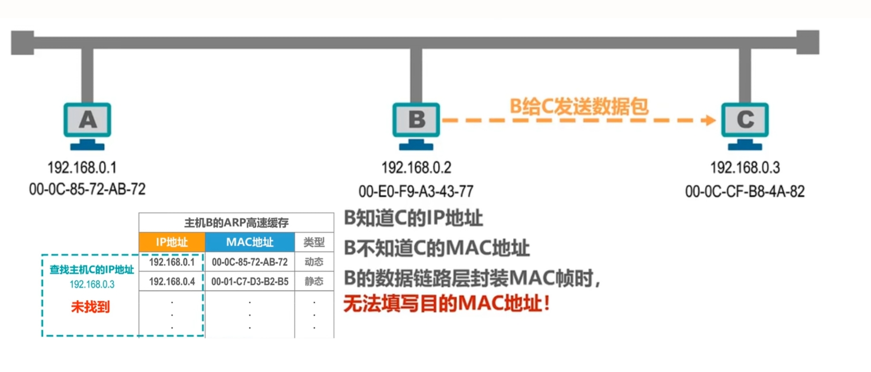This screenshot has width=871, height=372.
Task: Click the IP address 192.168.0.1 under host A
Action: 82,167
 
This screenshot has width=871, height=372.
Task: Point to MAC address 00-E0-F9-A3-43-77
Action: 416,191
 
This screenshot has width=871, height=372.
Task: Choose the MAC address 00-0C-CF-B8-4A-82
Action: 745,191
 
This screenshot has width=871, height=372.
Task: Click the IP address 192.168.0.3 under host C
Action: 745,167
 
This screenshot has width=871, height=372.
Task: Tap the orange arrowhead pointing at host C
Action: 709,120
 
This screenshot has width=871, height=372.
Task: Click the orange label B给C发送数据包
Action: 579,106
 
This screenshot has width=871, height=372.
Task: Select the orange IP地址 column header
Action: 172,242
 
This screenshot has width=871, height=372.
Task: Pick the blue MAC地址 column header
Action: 250,242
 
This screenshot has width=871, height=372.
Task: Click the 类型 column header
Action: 314,242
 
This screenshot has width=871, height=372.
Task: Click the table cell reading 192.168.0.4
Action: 172,281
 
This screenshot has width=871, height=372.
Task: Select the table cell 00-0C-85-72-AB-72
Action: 250,262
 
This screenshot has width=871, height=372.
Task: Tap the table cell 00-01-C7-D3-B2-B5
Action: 250,281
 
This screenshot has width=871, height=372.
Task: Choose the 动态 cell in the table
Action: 314,262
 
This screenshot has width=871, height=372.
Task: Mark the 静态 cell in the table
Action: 314,281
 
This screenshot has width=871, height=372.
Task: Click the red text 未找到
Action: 90,307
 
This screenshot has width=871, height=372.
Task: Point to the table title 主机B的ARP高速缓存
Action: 236,223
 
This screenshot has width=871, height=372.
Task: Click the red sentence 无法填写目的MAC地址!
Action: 447,303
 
